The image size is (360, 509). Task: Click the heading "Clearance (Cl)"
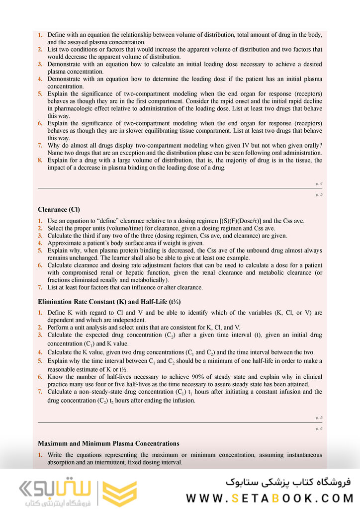click(59, 209)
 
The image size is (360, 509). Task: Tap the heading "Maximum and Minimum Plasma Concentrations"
click(108, 443)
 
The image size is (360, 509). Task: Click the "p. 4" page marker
click(319, 184)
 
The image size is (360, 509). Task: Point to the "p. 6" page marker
click(319, 428)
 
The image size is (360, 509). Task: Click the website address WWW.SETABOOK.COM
click(269, 498)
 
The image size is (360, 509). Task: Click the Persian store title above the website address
click(288, 481)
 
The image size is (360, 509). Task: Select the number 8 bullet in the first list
click(40, 161)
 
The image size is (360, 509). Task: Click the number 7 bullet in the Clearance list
click(40, 287)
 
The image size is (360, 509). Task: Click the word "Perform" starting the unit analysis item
click(58, 328)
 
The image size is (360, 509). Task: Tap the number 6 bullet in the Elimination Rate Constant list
click(40, 377)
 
